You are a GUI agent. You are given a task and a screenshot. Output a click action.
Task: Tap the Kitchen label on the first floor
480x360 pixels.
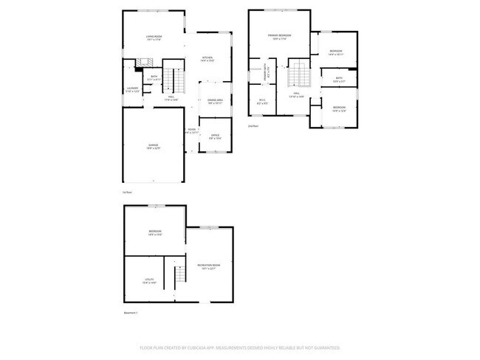coord(208,59)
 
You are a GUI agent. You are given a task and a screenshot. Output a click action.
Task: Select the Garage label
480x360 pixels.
coord(153,146)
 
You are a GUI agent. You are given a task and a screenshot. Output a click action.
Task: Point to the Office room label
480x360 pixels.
coord(215,136)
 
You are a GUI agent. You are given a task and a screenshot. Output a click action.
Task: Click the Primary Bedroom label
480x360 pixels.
coord(279,37)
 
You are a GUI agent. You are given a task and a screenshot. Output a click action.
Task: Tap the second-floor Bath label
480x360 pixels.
coord(339,79)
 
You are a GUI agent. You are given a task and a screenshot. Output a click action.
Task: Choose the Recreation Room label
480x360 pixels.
coord(209,266)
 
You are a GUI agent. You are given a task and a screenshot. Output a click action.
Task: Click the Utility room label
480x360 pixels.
coord(149,280)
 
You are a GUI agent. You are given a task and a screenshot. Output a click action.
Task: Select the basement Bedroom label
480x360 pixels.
coord(155,232)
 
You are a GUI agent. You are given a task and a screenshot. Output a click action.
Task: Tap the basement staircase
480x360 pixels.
coord(177,277)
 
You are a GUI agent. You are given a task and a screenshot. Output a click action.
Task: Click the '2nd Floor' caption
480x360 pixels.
coord(253,126)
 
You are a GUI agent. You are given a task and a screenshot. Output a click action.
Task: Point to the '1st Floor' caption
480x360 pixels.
coord(127,193)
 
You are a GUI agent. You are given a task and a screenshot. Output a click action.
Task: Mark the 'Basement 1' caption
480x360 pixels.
coord(131,313)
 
